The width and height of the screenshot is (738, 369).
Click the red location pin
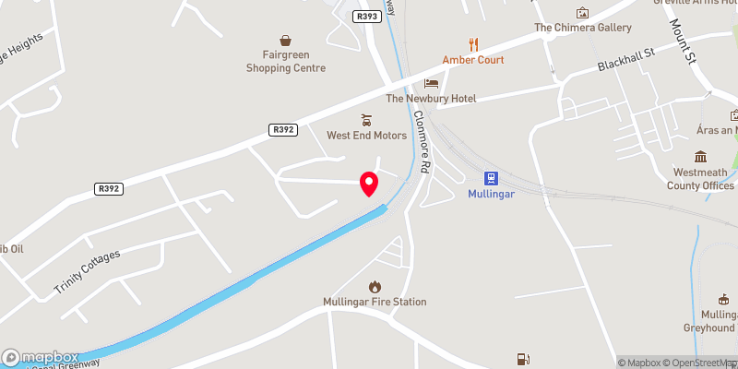click(370, 183)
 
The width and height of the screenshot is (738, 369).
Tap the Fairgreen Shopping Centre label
click(286, 62)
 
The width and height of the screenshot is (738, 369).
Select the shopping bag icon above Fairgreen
click(286, 41)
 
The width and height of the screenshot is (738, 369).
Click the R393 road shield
click(364, 16)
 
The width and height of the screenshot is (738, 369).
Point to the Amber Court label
click(473, 60)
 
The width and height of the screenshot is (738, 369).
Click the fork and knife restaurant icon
click(474, 42)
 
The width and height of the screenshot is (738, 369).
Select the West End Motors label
click(366, 136)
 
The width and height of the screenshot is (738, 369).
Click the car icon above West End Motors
click(366, 119)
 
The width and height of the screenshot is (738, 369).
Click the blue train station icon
click(490, 178)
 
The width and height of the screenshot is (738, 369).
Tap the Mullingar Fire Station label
click(375, 302)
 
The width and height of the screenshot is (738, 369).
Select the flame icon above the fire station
click(375, 286)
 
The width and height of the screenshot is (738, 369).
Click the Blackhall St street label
click(625, 61)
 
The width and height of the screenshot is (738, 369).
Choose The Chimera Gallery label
click(582, 28)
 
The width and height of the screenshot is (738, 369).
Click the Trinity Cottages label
click(87, 272)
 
